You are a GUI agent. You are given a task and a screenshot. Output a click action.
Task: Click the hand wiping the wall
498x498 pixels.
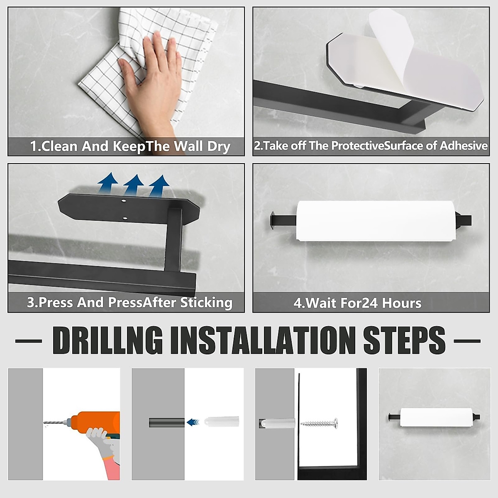coord(152,85)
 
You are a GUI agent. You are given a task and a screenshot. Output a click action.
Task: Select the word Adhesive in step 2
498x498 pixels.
coord(464,146)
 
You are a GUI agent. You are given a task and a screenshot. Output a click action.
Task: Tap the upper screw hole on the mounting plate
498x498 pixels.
coord(124,200)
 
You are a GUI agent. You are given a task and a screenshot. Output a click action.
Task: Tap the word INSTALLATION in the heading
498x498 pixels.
coord(262,341)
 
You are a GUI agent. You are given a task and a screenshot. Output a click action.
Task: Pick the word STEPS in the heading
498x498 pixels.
coord(404,341)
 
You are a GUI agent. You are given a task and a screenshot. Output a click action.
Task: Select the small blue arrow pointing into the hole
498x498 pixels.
coord(193,422)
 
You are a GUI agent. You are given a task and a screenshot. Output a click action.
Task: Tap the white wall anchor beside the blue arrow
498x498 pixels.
coord(222,422)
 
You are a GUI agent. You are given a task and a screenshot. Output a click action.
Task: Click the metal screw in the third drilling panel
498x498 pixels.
coord(319,424)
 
